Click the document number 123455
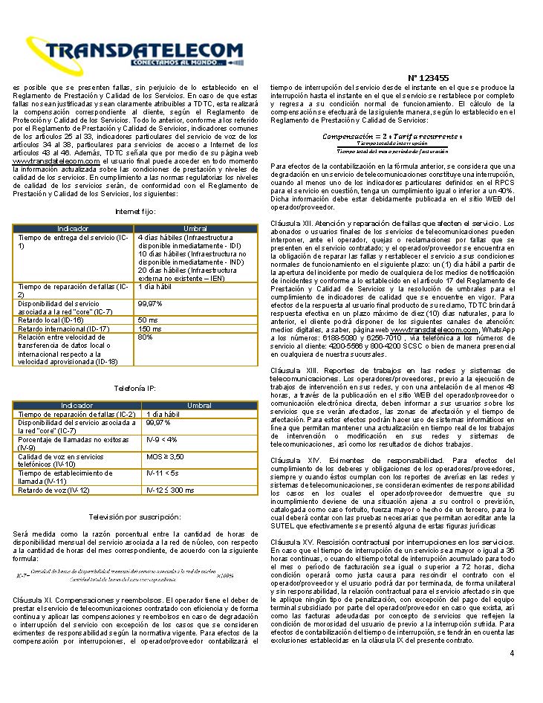click(429, 77)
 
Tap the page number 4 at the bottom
click(512, 652)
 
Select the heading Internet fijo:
click(135, 212)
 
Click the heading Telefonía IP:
click(135, 389)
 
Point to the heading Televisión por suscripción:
click(135, 516)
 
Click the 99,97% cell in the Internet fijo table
click(150, 303)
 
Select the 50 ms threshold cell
click(148, 319)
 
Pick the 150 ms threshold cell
click(150, 328)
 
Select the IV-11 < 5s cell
click(163, 473)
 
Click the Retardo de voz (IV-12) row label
click(54, 490)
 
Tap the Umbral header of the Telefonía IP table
click(198, 405)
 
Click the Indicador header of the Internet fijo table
click(74, 228)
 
